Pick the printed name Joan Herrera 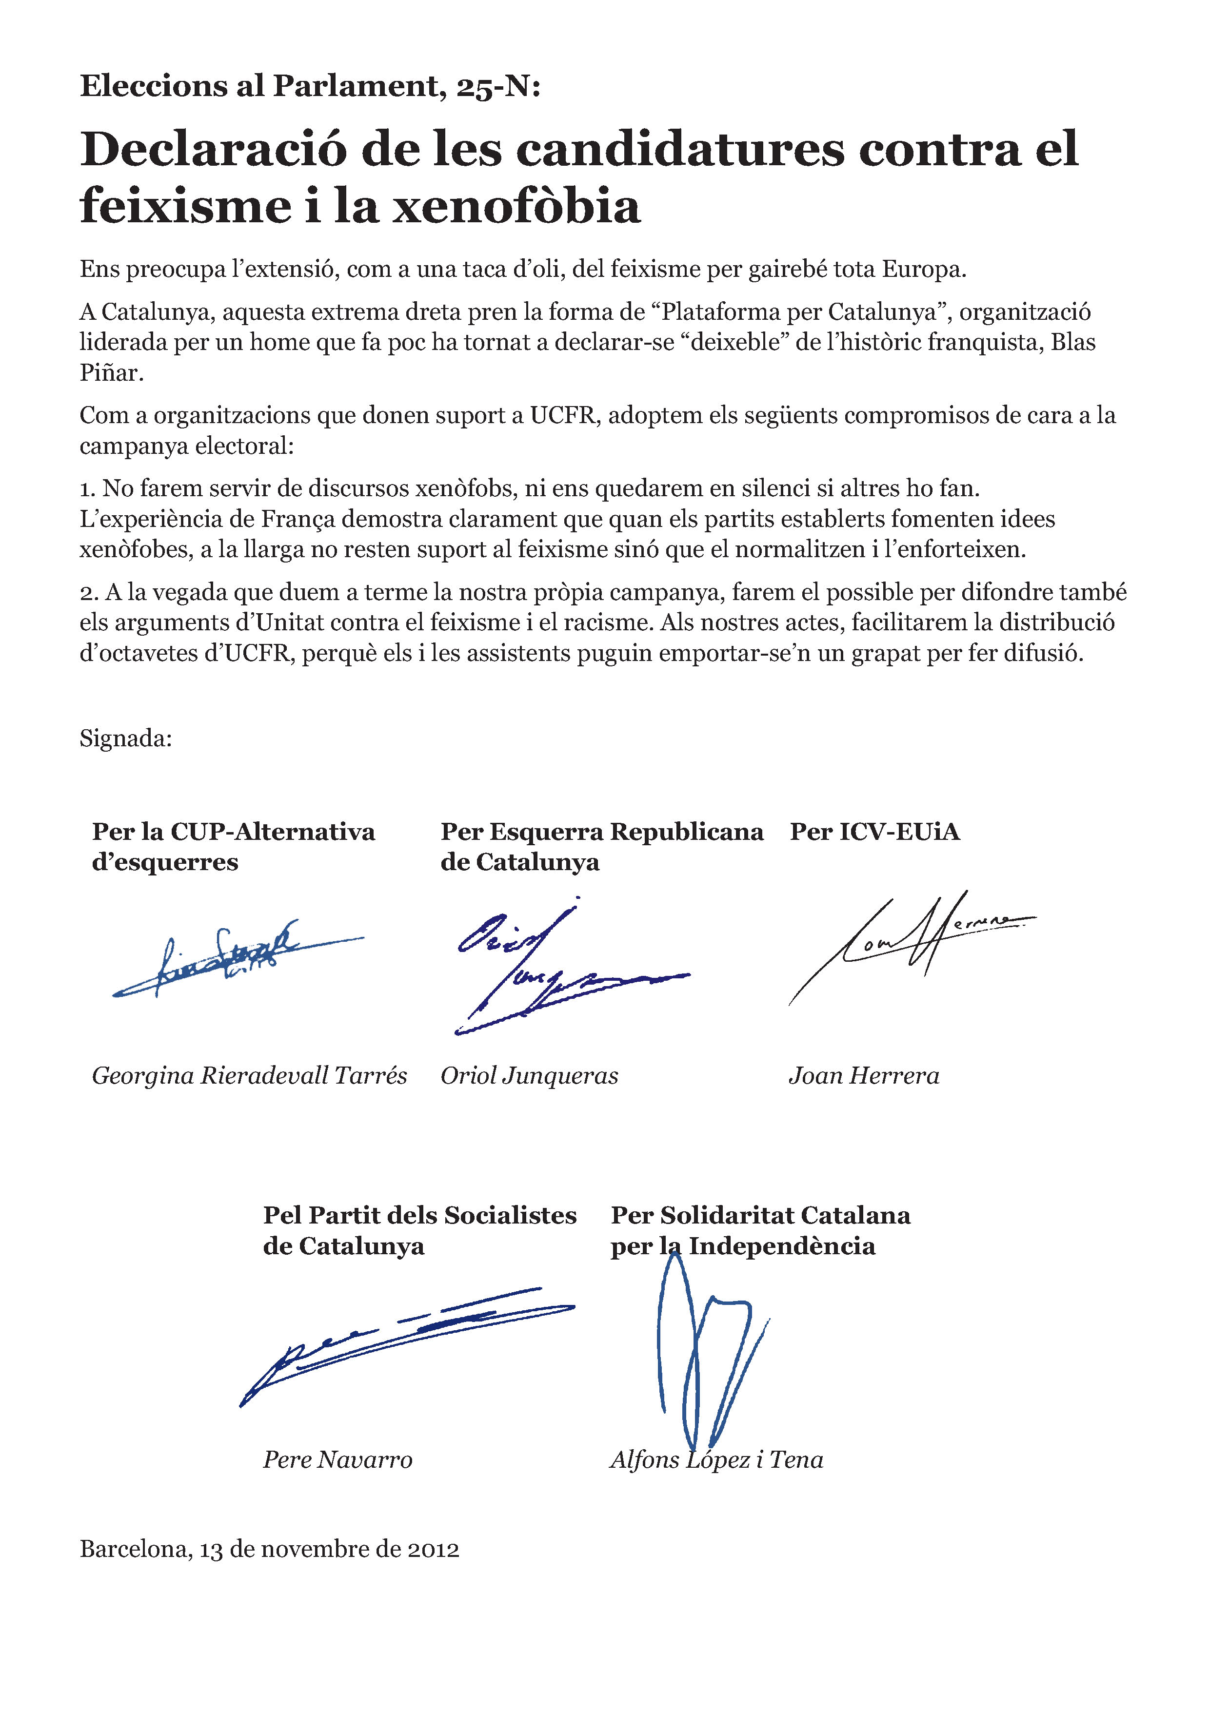tap(864, 1075)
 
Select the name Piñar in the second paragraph tap(111, 373)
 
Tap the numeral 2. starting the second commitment tap(89, 593)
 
